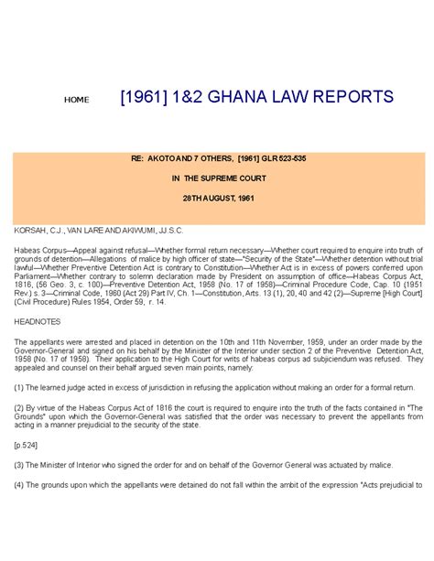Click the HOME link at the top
(76, 100)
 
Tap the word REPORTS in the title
(353, 97)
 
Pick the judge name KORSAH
(28, 225)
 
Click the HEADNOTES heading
(34, 322)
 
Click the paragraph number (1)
(18, 388)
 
